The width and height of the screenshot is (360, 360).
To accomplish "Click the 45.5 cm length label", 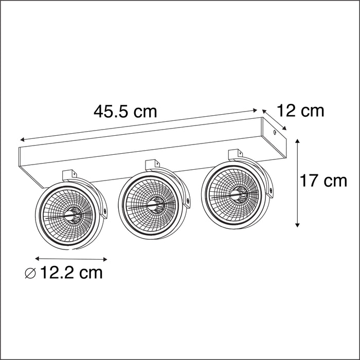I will [124, 112].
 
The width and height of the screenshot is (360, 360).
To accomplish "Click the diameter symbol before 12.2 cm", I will [31, 273].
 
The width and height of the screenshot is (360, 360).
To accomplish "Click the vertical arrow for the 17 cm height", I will [298, 183].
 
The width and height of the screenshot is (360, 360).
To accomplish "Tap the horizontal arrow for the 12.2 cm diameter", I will [71, 259].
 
